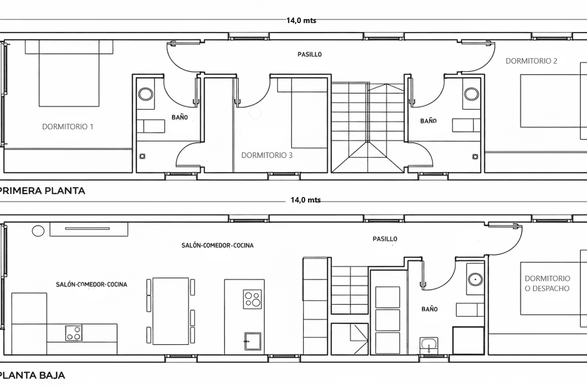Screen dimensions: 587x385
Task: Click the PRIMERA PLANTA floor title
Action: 42,191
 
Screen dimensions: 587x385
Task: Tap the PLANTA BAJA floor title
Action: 32,375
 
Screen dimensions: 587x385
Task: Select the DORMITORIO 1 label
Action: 68,127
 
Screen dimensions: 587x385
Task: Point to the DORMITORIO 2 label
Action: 531,61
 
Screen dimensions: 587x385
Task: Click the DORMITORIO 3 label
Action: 267,155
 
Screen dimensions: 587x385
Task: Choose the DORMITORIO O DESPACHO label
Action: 547,283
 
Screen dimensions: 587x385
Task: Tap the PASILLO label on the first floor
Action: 310,54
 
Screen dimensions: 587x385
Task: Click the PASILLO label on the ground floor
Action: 385,239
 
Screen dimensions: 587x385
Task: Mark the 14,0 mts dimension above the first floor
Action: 302,21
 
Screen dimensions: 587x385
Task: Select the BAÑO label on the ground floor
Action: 429,309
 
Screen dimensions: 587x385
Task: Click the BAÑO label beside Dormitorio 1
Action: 180,117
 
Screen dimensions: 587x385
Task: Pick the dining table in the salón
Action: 171,311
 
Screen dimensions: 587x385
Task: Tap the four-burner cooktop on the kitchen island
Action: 252,299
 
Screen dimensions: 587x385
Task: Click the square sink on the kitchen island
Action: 253,341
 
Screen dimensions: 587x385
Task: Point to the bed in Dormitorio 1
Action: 69,73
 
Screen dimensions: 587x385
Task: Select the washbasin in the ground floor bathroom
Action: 428,344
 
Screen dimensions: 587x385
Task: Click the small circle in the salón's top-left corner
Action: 38,231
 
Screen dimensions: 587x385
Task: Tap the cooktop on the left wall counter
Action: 74,333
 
